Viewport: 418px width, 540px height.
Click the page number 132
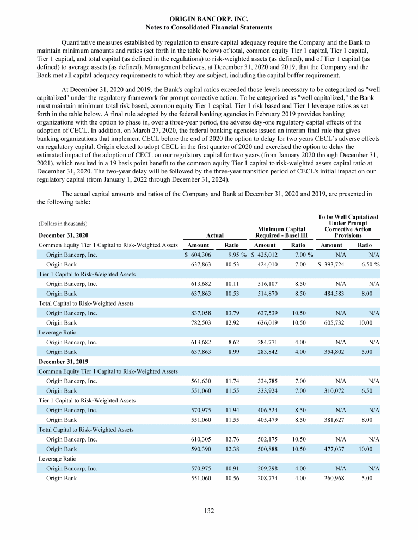(209, 511)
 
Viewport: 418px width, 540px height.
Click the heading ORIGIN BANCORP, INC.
(209, 18)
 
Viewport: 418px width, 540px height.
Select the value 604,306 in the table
(199, 255)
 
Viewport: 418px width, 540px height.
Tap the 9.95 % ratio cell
(237, 255)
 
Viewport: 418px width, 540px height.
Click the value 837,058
(199, 313)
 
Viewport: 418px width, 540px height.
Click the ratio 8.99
(235, 352)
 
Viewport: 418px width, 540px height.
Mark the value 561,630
(199, 381)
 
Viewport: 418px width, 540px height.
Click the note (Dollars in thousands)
(63, 224)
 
